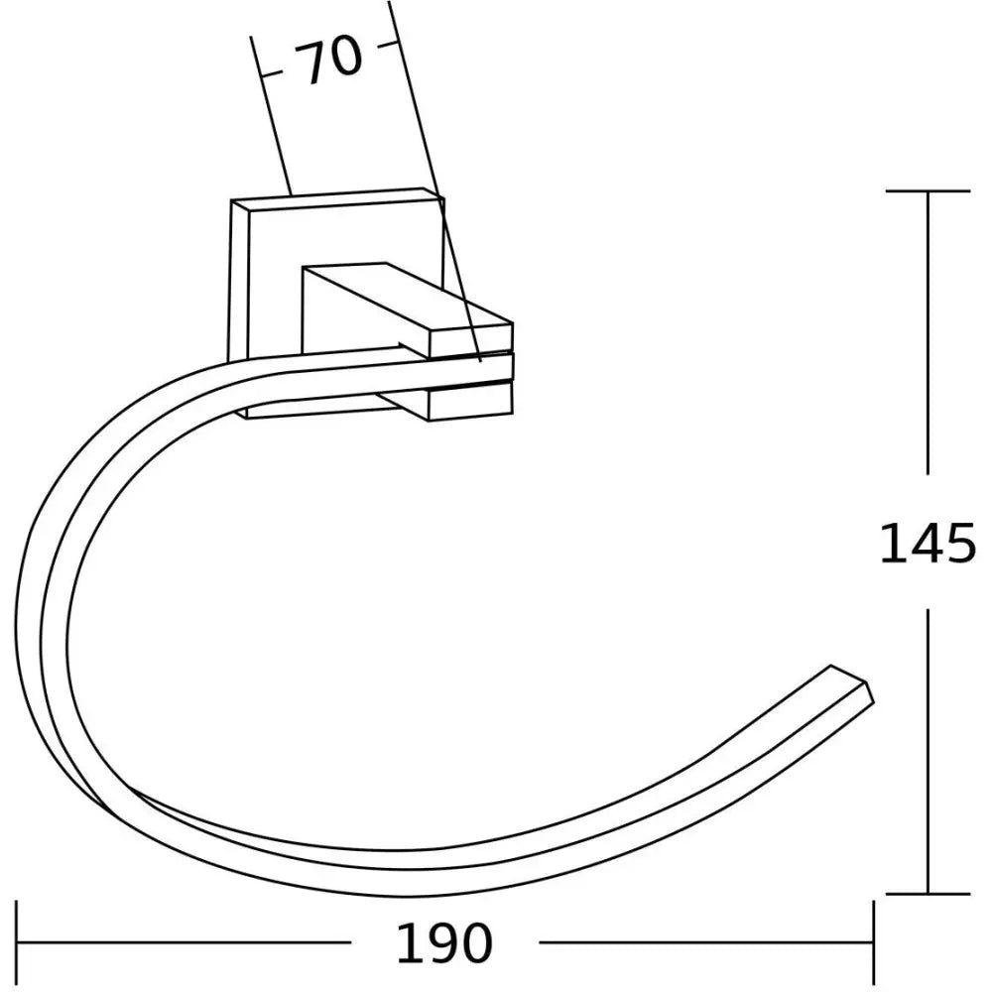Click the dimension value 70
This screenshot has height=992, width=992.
pos(330,62)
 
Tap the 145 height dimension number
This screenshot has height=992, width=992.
pos(929,543)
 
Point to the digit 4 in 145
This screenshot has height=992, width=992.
pos(929,543)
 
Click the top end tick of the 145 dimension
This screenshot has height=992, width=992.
pos(928,190)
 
